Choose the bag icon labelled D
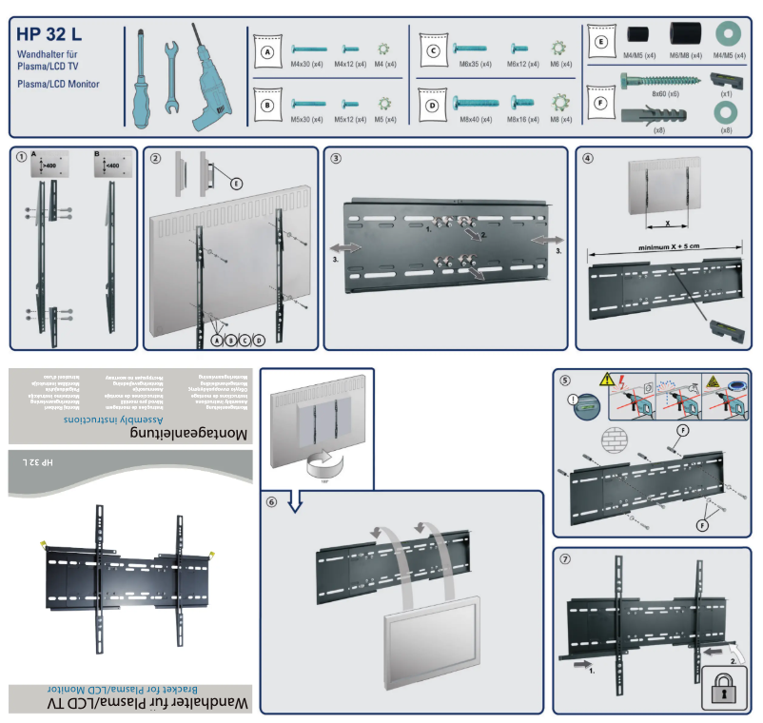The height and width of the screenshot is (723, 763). point(434,105)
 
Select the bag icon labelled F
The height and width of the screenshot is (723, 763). point(600,102)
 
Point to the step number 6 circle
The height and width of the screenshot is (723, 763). point(273,503)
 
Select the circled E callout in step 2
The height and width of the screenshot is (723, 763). point(237,182)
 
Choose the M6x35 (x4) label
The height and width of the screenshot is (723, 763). point(473,65)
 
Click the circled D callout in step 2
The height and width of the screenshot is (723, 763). point(261,340)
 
